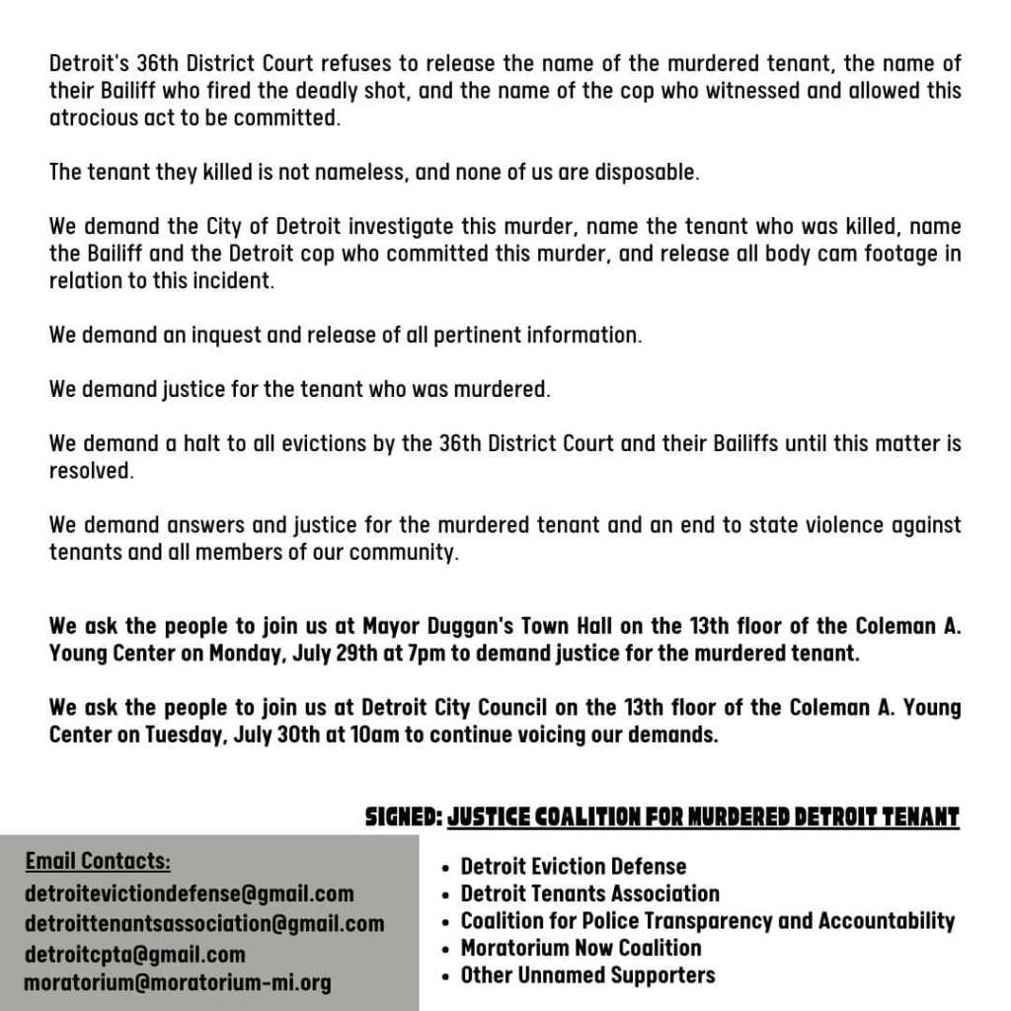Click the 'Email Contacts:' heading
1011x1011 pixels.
point(98,861)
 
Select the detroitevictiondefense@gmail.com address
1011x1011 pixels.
point(189,894)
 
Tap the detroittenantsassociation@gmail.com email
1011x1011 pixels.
point(204,924)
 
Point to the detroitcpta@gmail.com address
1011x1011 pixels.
point(134,954)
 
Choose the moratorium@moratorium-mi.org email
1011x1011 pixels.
point(178,983)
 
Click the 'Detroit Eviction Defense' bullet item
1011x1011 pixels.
point(573,867)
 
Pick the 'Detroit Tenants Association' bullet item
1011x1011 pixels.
point(589,894)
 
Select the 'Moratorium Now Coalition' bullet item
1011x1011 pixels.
point(581,948)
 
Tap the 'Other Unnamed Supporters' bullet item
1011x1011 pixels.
point(587,975)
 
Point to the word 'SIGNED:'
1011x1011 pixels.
point(402,817)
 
